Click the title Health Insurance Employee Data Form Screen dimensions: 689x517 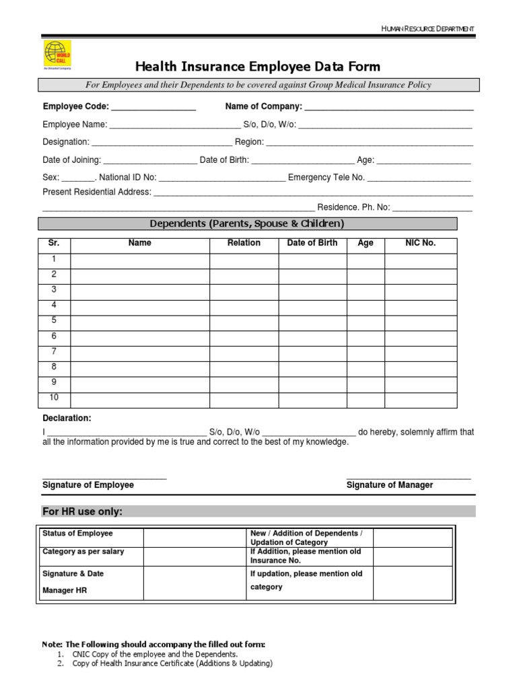[258, 66]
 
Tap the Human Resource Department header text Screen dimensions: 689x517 [428, 28]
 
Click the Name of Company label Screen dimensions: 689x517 [263, 106]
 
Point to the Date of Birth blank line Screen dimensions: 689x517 [303, 161]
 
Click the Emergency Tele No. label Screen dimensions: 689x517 [326, 177]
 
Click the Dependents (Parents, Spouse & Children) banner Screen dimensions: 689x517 [247, 223]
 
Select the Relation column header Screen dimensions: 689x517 [244, 243]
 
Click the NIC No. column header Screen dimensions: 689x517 [420, 243]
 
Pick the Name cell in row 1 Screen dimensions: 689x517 [140, 260]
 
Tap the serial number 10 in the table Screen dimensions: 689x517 [54, 398]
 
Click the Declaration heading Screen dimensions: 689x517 [67, 418]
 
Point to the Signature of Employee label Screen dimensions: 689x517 [88, 484]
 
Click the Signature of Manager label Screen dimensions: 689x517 [390, 484]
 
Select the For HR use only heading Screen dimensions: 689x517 [82, 511]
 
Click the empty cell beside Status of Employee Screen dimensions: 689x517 [194, 537]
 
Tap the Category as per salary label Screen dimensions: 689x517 [83, 552]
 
